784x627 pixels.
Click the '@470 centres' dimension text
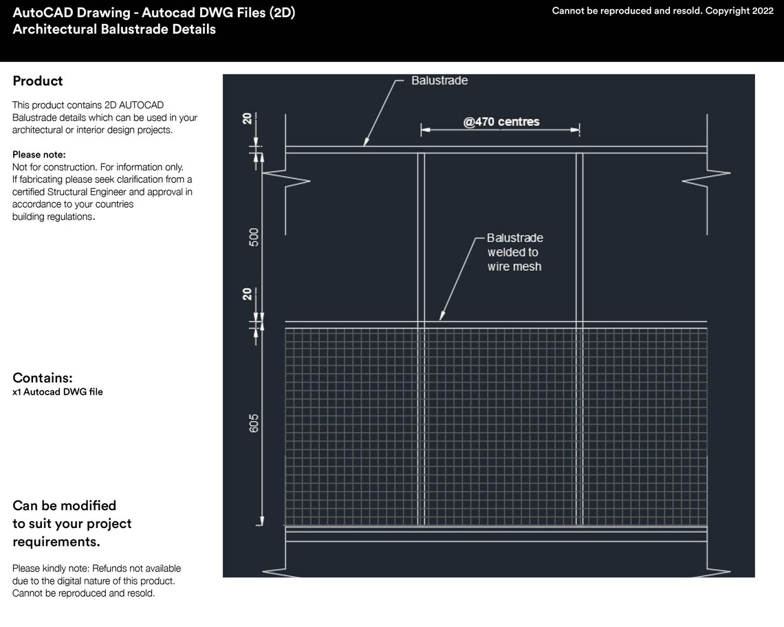[x=501, y=122]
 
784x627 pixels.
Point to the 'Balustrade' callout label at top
[x=439, y=81]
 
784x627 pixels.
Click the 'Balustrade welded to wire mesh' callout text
[x=514, y=252]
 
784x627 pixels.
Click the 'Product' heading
[x=38, y=81]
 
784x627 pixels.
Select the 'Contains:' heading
[x=43, y=378]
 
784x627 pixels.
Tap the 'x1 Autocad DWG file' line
[x=58, y=392]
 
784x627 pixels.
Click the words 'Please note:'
[x=39, y=155]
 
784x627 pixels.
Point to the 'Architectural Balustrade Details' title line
[x=114, y=30]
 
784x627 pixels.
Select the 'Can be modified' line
[x=65, y=506]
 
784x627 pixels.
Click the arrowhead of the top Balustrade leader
[x=366, y=143]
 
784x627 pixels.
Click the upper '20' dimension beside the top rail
[x=246, y=120]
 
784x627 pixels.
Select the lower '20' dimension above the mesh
[x=246, y=295]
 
